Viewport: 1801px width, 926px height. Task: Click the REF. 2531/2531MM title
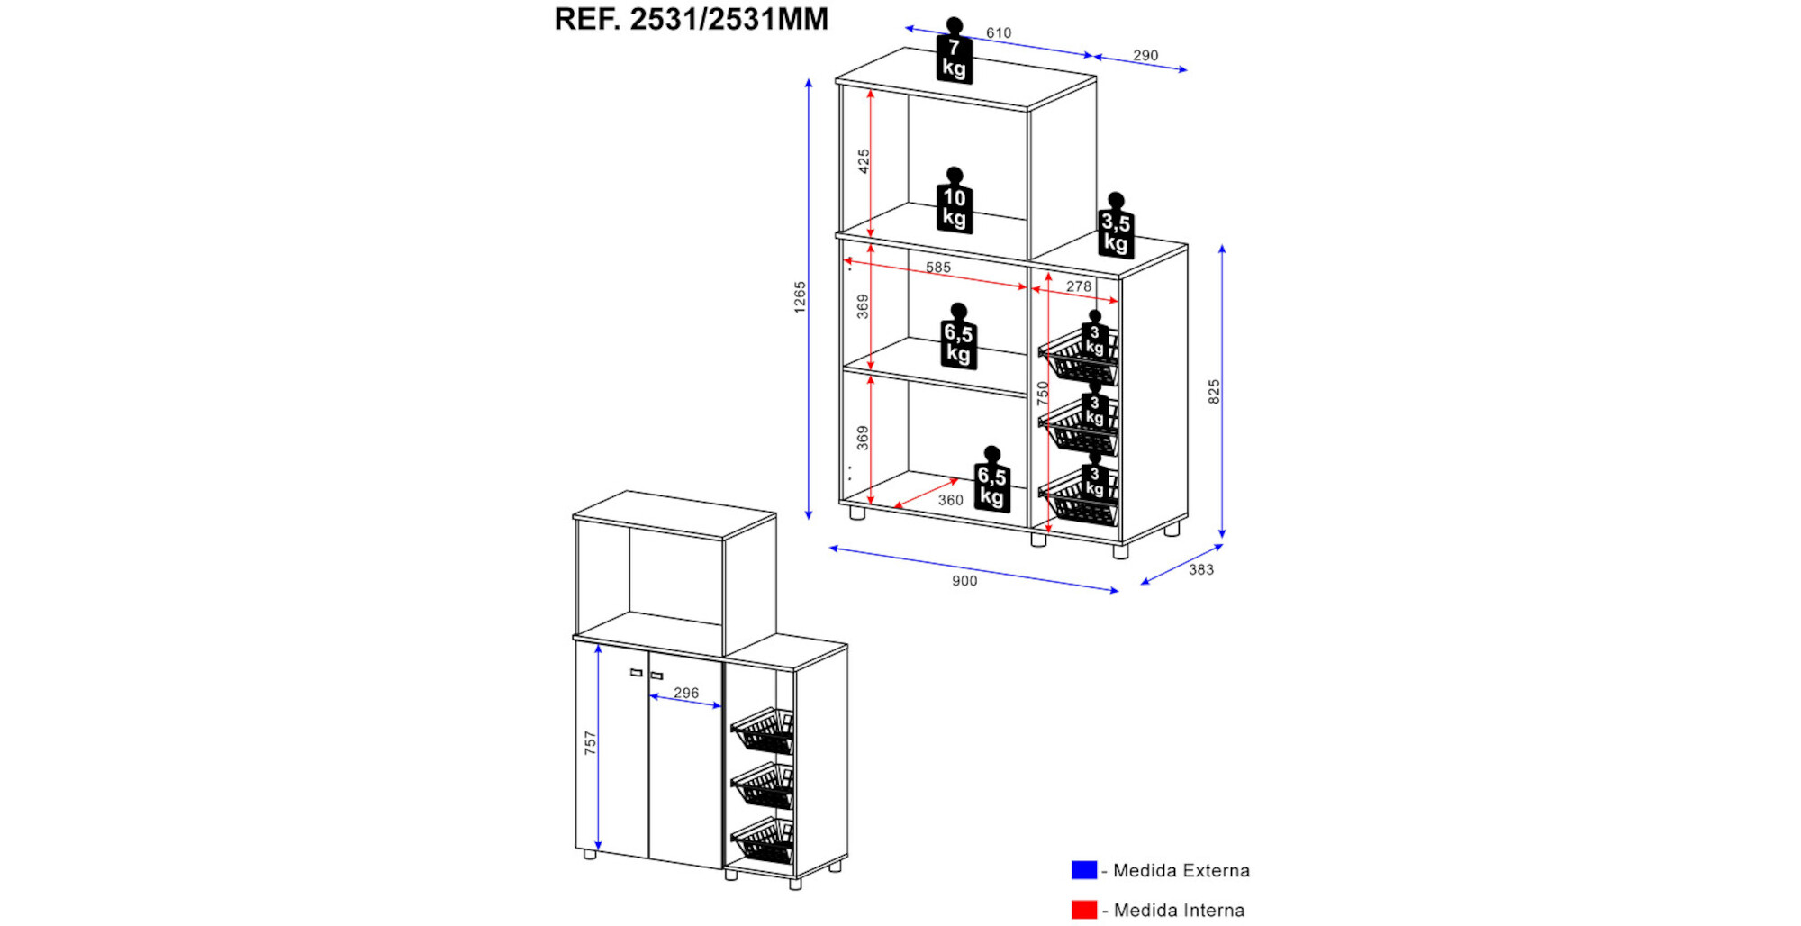[691, 19]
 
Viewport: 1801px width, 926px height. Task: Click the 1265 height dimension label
[800, 297]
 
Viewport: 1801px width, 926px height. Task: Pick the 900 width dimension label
[964, 581]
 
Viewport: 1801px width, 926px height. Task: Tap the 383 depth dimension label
[1201, 569]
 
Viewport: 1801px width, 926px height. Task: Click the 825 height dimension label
[1214, 391]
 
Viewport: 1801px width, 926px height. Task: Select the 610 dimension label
[999, 33]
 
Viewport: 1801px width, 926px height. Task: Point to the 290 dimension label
[1145, 56]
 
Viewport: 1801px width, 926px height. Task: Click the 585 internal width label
[938, 268]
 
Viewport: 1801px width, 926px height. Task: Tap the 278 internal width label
[1079, 286]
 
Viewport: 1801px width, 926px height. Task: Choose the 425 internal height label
[864, 161]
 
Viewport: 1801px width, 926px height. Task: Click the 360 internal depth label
[951, 500]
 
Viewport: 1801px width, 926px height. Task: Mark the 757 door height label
[590, 743]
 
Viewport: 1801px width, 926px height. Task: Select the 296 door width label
[686, 693]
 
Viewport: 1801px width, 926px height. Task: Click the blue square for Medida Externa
[1084, 870]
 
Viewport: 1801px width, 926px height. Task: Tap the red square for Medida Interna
[1084, 910]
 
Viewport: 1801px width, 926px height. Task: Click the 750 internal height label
[1043, 393]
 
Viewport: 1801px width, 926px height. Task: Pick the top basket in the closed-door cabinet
[764, 731]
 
